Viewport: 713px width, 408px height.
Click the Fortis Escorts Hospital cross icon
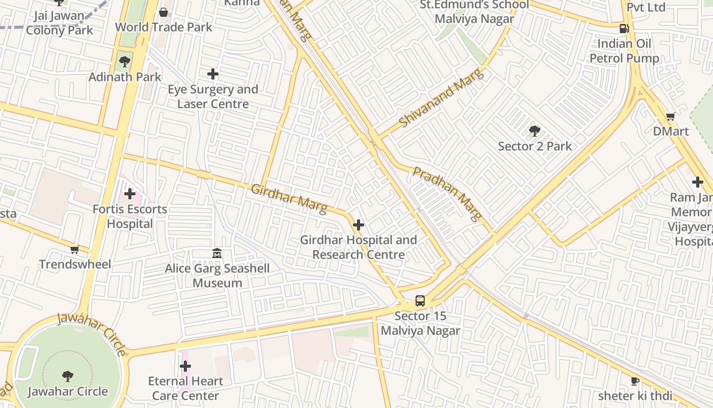coord(130,194)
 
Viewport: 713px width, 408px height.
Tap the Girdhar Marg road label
coord(288,199)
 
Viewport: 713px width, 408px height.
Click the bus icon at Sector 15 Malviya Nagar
coord(420,301)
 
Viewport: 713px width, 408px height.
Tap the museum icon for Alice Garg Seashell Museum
coord(217,253)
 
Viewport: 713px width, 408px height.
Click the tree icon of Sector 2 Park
coord(534,131)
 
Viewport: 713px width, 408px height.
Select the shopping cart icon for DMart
coord(671,117)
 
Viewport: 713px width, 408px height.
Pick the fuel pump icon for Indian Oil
coord(624,29)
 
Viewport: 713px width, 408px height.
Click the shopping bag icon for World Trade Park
coord(163,12)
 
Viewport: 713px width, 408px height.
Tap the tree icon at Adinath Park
coord(124,62)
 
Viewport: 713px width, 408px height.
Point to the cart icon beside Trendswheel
coord(75,249)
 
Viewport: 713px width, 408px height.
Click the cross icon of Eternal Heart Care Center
coord(185,366)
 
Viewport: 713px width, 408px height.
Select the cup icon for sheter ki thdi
coord(635,381)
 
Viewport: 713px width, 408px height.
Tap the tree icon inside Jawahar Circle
coord(67,376)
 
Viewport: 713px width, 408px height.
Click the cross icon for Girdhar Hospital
coord(359,225)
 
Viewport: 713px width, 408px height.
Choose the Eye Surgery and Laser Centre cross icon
coord(213,74)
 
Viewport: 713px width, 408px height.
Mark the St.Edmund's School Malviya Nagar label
coord(474,12)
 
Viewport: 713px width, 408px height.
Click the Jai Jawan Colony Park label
coord(60,23)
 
